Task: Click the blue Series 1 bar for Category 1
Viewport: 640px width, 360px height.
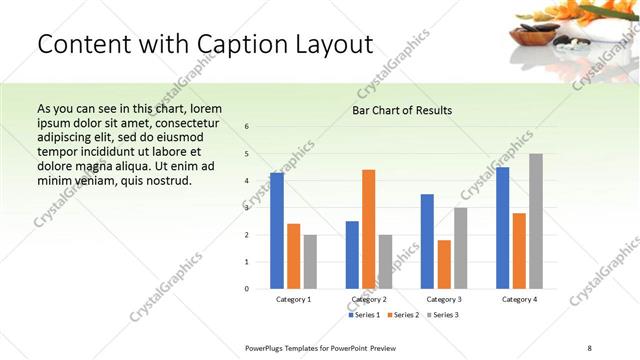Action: (277, 231)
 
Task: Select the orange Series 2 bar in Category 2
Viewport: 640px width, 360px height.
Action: (369, 229)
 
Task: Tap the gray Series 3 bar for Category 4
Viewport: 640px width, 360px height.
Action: (536, 221)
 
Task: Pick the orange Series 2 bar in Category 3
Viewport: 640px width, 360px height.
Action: (444, 264)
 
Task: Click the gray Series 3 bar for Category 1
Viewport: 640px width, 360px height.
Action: (310, 262)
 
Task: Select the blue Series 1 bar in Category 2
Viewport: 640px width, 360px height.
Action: (352, 255)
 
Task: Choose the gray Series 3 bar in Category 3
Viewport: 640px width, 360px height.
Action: (461, 248)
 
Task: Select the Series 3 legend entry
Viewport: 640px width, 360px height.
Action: (444, 315)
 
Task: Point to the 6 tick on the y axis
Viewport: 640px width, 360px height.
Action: (247, 127)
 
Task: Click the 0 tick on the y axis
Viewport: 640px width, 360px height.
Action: (247, 289)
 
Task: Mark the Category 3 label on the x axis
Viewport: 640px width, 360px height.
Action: (444, 299)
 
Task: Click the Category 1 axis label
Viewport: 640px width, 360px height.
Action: (294, 299)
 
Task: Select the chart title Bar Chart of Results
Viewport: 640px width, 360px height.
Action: (402, 110)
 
